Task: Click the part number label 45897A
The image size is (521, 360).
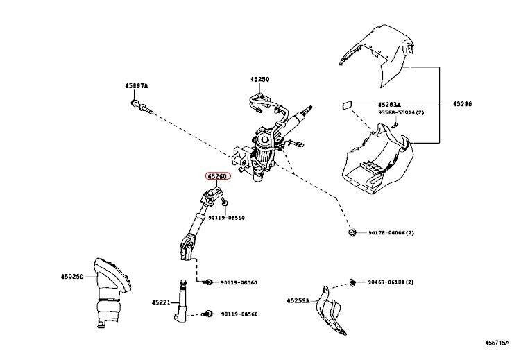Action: [x=137, y=85]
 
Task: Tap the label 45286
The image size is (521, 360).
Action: [x=463, y=104]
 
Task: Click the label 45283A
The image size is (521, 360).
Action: [x=391, y=104]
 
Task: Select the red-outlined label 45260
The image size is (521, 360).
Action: [x=216, y=177]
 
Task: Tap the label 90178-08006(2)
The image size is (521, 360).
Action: [x=391, y=233]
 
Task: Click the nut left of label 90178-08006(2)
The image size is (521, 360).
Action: [x=352, y=232]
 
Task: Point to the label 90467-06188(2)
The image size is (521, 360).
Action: [x=391, y=283]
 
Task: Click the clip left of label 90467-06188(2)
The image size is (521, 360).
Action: [x=353, y=282]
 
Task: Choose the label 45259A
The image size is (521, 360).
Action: [x=299, y=301]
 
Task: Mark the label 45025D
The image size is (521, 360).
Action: [x=71, y=277]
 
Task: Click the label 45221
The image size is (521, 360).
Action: [x=160, y=302]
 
